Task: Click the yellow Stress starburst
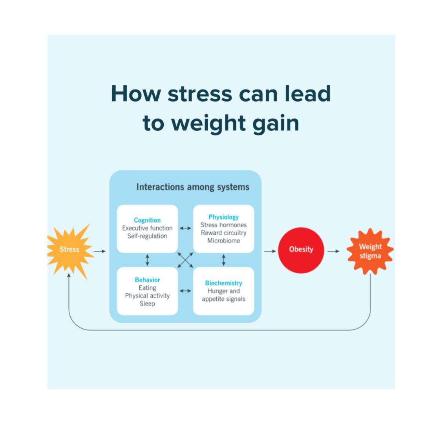pos(69,250)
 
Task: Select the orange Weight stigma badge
pos(370,251)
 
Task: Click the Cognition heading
pos(147,220)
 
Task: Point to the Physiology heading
pos(223,217)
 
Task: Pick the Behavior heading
pos(147,280)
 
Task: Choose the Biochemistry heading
pos(223,283)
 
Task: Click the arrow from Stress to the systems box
pos(100,251)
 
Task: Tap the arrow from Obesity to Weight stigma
pos(333,251)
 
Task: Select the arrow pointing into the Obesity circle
pos(270,251)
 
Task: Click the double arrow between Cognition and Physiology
pos(185,228)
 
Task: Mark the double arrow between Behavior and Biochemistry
pos(185,291)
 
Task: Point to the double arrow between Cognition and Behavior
pos(147,260)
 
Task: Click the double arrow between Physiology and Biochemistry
pos(223,260)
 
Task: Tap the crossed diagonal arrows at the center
pos(185,260)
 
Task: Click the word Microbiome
pos(223,241)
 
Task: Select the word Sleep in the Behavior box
pos(147,303)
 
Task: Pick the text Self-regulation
pos(147,236)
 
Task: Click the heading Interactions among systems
pos(193,187)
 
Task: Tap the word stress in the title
pos(200,94)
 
